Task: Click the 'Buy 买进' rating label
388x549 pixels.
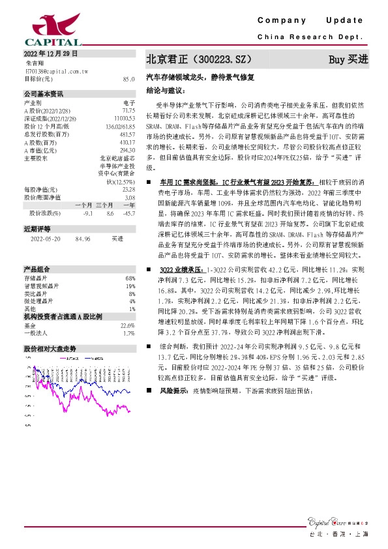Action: click(x=349, y=59)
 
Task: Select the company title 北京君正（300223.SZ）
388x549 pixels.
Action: click(x=198, y=59)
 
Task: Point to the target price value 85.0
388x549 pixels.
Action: click(x=128, y=78)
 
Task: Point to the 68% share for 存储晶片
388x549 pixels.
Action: click(x=130, y=278)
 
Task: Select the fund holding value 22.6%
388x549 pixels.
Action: click(x=128, y=325)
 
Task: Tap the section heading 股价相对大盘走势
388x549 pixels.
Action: click(x=50, y=349)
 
